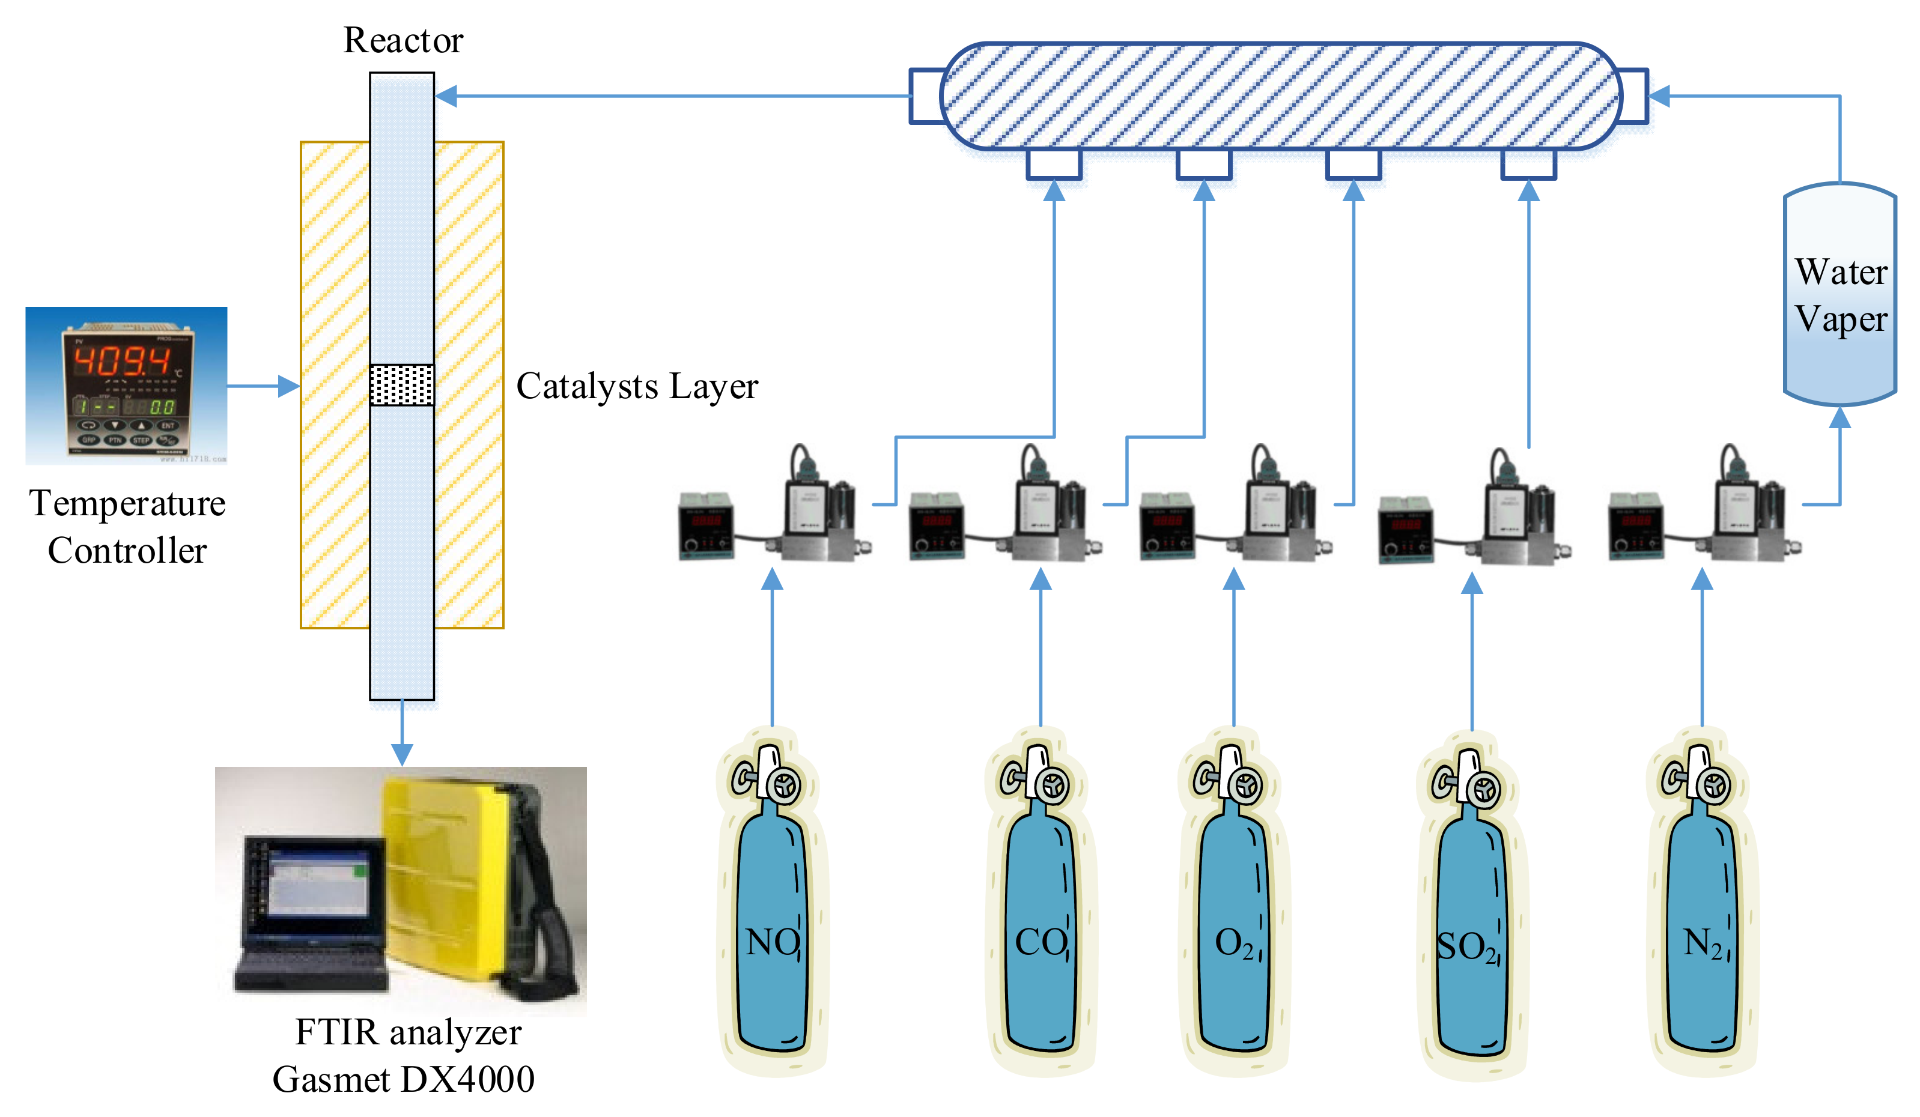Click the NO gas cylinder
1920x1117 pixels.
pos(773,913)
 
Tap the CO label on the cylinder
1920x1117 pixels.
pos(1041,943)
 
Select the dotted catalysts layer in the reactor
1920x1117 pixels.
pos(401,384)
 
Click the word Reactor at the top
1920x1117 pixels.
pos(403,40)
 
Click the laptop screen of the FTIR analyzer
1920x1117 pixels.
pos(316,887)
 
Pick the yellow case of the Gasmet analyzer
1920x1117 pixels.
pos(446,876)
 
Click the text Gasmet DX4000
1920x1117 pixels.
pos(403,1079)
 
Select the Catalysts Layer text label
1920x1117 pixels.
pos(637,386)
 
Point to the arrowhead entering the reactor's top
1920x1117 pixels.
pos(446,96)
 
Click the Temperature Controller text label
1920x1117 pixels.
pos(127,527)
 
